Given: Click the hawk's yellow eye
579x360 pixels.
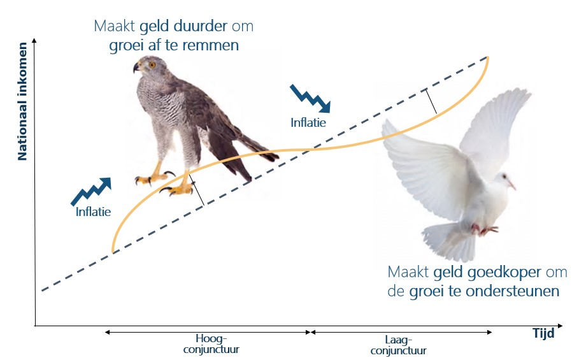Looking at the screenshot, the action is click(x=152, y=65).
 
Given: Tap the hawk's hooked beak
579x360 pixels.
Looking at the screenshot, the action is click(x=136, y=67).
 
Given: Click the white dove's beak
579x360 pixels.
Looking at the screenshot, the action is click(x=512, y=185).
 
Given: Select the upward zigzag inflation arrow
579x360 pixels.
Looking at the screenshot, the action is click(x=91, y=191).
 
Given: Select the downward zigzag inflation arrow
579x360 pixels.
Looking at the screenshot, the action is click(x=310, y=98).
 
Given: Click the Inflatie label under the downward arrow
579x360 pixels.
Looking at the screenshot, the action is click(x=308, y=122).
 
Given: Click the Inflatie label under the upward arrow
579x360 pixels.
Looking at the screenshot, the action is click(x=93, y=212).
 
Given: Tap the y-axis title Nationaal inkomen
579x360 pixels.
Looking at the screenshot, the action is click(x=22, y=101).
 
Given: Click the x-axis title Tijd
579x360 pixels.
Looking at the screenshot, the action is click(x=543, y=333).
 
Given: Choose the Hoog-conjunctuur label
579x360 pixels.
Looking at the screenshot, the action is click(x=211, y=344).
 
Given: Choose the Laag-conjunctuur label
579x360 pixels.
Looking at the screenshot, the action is click(x=399, y=345).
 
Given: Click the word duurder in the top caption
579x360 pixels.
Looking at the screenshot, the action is click(x=200, y=26).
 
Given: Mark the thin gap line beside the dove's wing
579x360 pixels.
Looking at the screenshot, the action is click(x=431, y=101).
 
